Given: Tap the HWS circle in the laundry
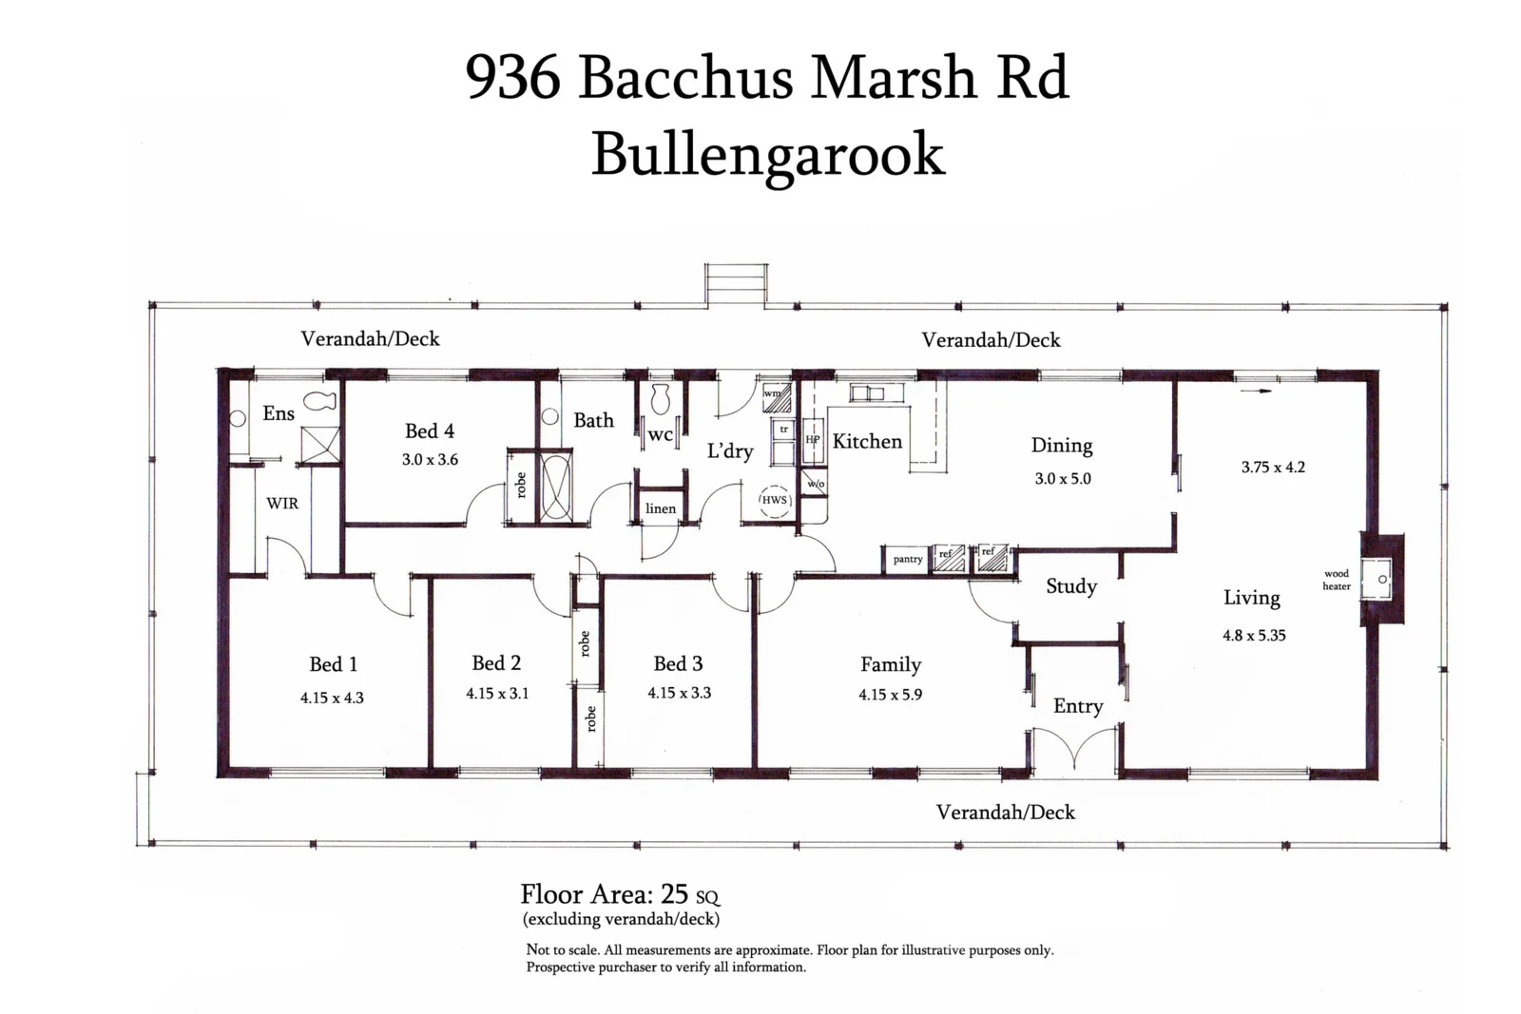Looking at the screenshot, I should (774, 500).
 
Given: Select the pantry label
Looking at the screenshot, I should (907, 560).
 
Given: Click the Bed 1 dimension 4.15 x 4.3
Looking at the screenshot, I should (332, 698).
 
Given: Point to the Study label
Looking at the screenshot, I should (1071, 586).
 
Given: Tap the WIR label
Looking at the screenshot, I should (282, 504).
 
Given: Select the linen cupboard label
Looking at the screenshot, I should (661, 508).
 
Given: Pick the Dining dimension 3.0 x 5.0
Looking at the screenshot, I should (1063, 479).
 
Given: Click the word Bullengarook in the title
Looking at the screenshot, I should (767, 154).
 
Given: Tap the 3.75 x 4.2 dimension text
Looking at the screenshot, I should (1273, 468).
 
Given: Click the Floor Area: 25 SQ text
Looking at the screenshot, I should (620, 894).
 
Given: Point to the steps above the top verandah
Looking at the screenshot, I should (734, 284).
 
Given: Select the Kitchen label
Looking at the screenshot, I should (867, 441).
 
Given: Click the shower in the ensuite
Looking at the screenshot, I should (320, 445).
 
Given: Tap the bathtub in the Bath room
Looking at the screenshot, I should (556, 486).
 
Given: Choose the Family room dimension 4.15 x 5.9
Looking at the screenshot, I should (890, 695).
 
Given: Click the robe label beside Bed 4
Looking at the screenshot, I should (520, 486).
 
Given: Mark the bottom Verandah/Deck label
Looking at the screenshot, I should (1005, 813).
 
